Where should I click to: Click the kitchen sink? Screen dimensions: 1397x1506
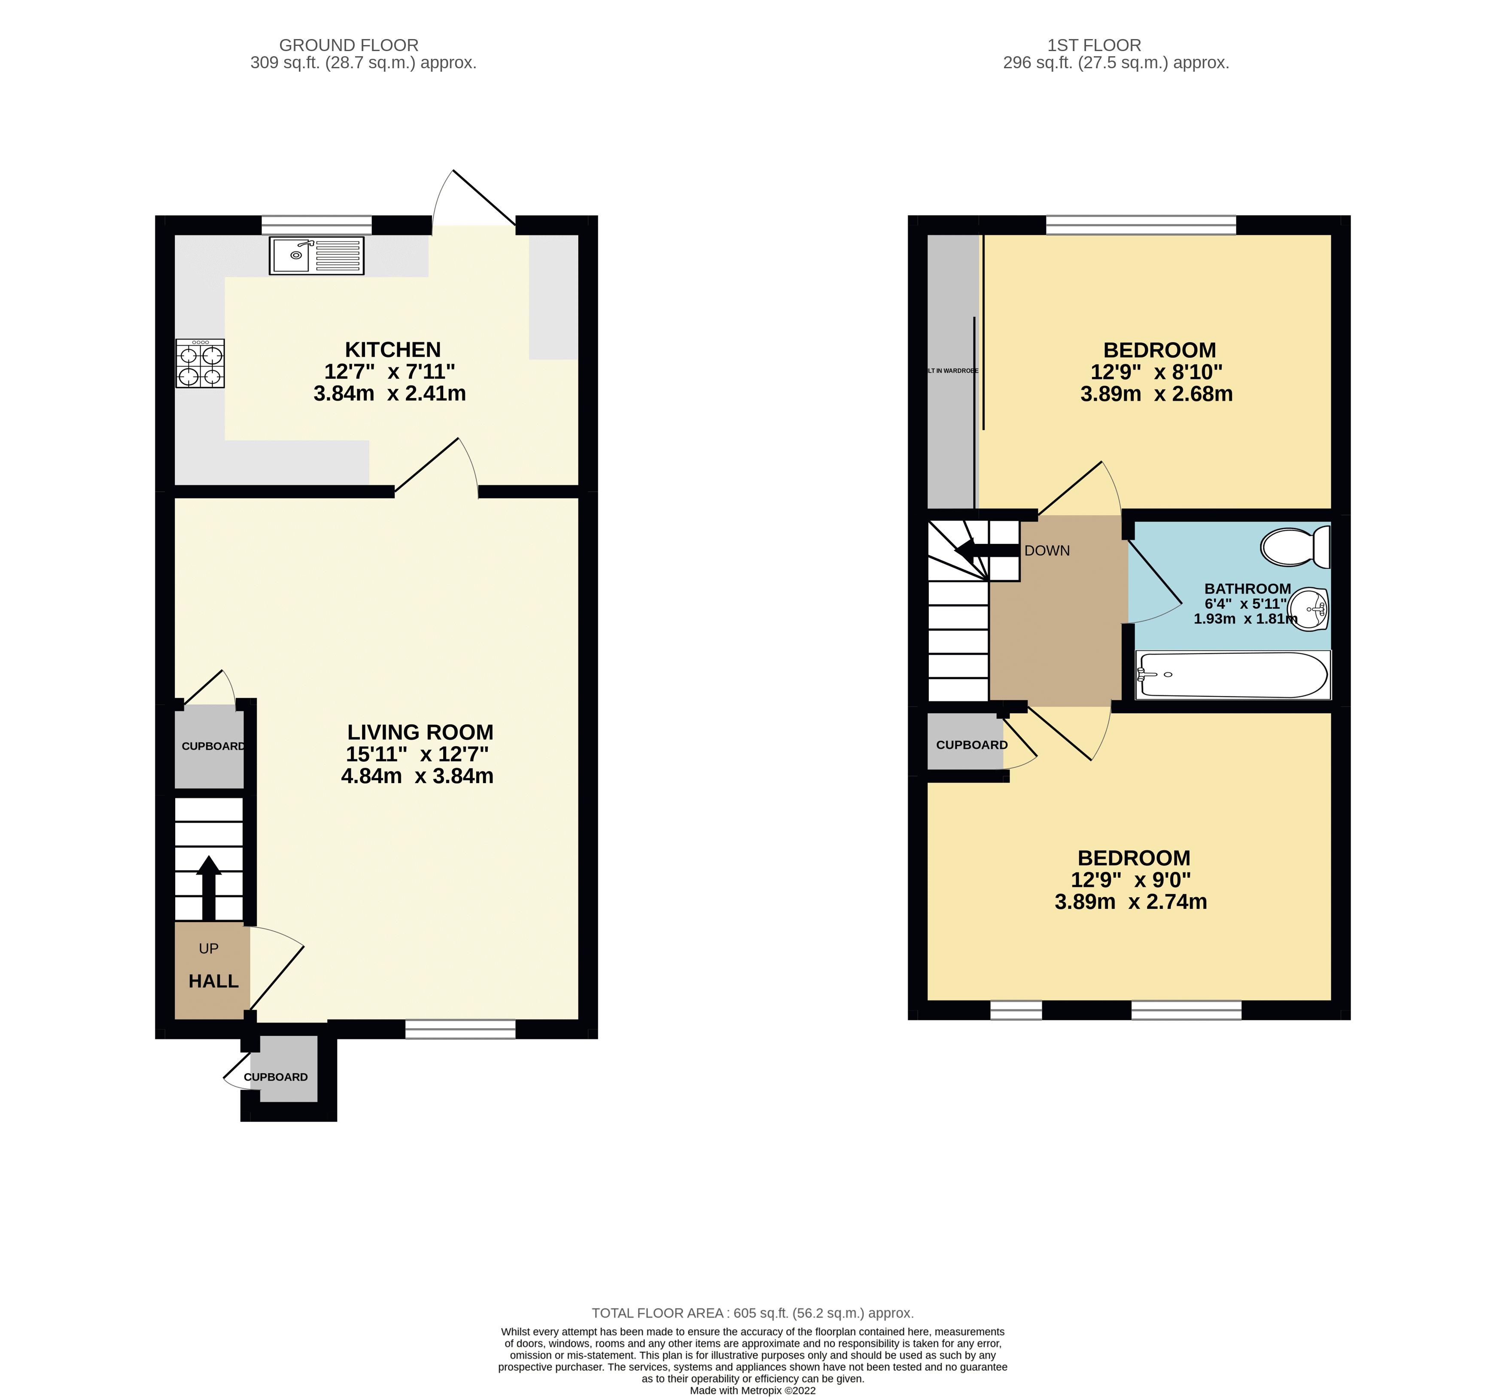[316, 255]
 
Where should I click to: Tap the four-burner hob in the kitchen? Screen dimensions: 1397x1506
[201, 364]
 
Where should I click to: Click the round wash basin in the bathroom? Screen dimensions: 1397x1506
[1308, 608]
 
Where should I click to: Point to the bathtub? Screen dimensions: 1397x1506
[1232, 674]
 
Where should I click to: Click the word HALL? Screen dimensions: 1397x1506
[213, 981]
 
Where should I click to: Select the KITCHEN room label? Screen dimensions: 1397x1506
[392, 349]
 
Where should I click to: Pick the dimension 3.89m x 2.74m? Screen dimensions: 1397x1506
[1130, 902]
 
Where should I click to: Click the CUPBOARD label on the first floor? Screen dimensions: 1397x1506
[971, 744]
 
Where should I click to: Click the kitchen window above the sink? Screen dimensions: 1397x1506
[317, 225]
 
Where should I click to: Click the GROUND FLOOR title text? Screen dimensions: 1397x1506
[349, 46]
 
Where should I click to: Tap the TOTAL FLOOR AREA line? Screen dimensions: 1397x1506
[752, 1313]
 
